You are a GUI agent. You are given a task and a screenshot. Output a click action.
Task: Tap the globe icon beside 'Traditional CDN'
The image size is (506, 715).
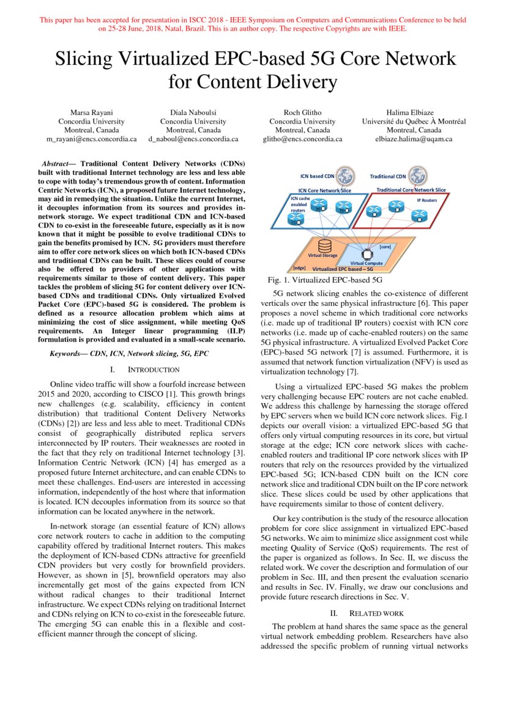tap(418, 176)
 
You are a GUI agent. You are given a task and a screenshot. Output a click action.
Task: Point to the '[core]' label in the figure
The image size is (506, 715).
tap(385, 246)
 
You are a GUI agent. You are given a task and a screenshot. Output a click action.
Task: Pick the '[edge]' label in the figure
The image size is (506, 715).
tap(299, 268)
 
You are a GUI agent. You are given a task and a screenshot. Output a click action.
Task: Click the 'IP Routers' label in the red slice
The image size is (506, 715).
tap(426, 200)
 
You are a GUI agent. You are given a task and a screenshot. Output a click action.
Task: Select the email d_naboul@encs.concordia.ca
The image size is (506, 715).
tap(193, 139)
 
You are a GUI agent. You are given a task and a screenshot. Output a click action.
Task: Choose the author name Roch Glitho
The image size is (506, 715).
tap(302, 112)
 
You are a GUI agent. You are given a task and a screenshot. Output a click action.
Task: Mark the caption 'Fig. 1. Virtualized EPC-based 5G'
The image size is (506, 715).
tap(325, 280)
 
